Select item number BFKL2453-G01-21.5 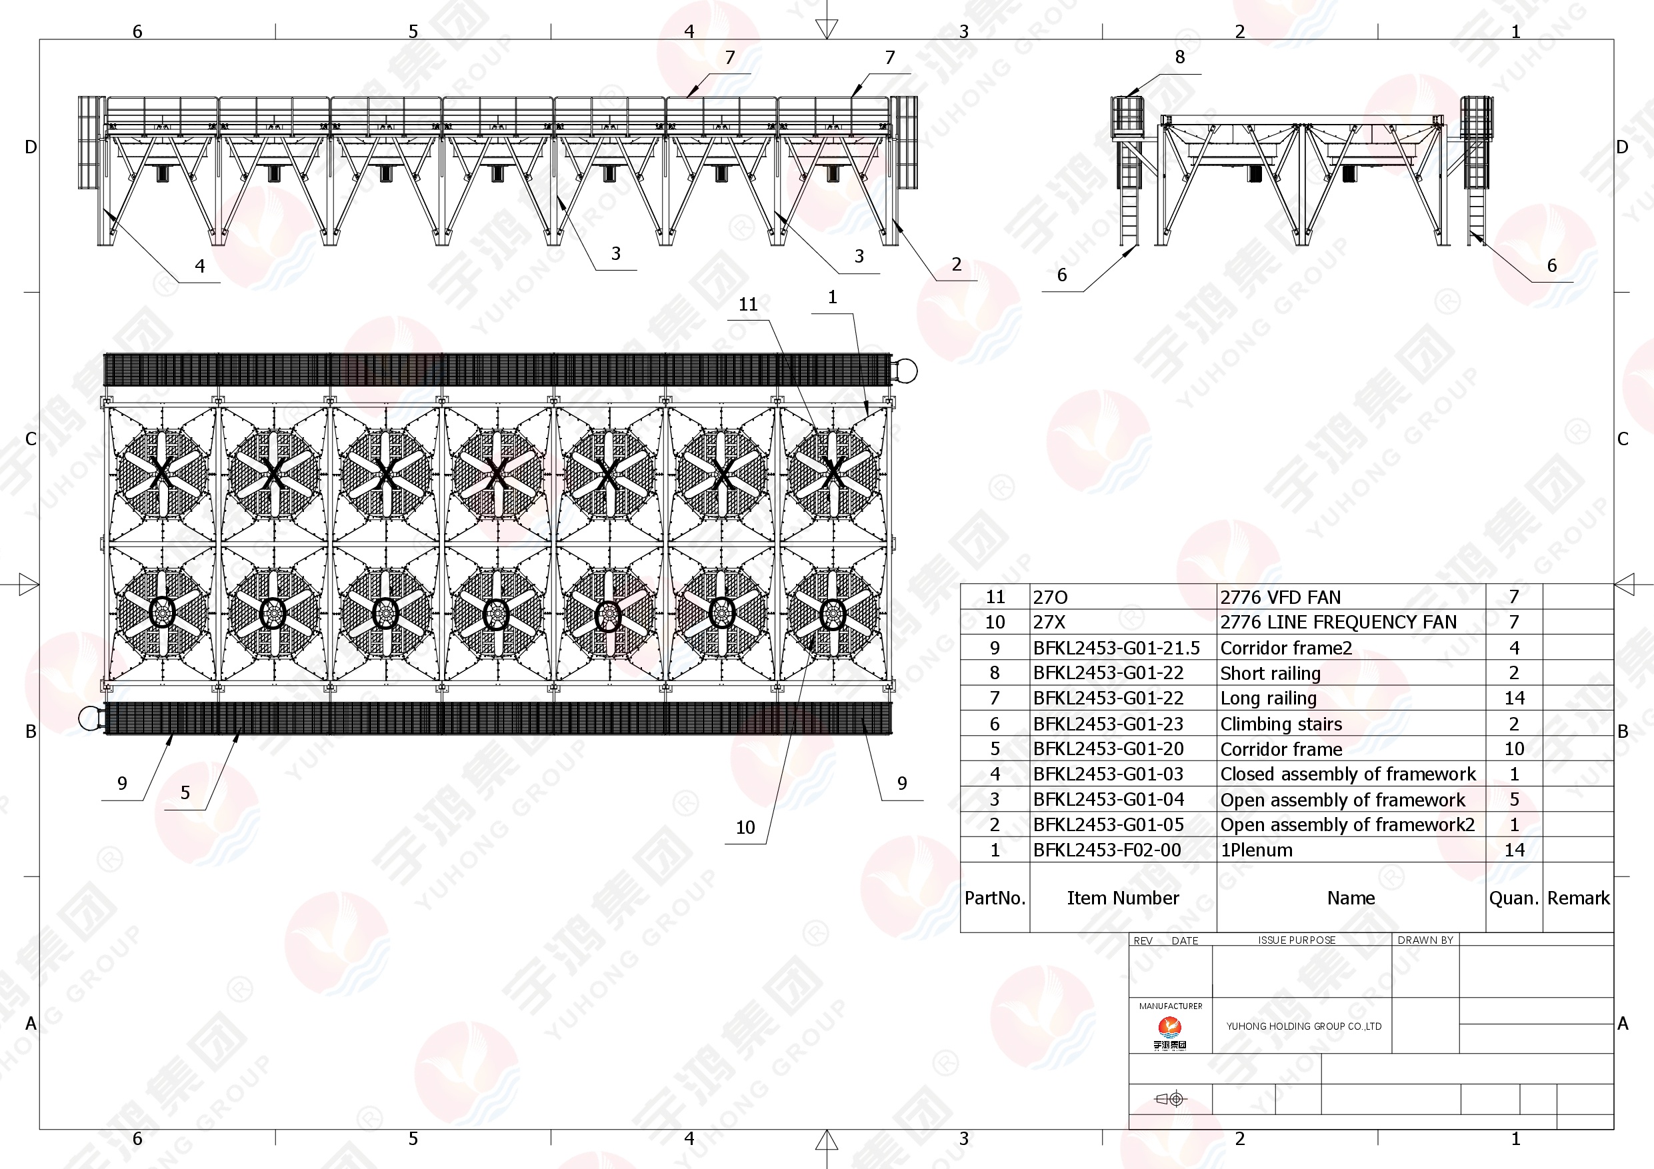coord(1116,648)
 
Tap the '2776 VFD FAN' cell coord(1280,597)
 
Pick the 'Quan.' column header coord(1513,898)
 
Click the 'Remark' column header coord(1577,898)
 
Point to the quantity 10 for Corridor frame coord(1513,749)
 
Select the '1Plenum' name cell coord(1257,850)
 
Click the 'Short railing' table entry coord(1270,673)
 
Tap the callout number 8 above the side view coord(1179,57)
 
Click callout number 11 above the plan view coord(748,305)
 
